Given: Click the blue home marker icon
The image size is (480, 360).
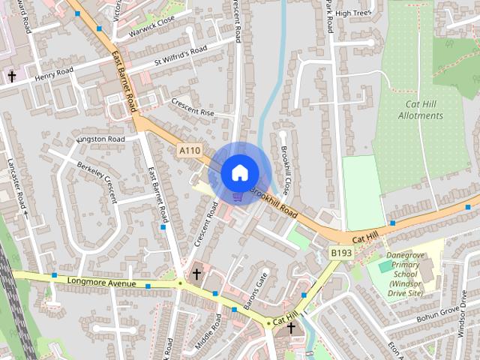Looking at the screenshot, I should pos(238,172).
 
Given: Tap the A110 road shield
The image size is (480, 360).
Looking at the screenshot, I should pos(190,151).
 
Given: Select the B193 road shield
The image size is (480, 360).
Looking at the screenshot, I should pos(341,253).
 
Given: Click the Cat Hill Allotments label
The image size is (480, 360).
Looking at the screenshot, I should pos(421,110).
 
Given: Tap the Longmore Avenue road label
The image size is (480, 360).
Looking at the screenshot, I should pos(101,283).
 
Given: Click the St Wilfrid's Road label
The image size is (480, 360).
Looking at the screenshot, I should pos(180,55).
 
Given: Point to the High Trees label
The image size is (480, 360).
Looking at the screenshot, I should pos(354,13).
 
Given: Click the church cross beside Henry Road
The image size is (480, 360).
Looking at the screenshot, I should pos(11,76).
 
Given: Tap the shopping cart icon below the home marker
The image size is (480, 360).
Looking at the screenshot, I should pos(238,197).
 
